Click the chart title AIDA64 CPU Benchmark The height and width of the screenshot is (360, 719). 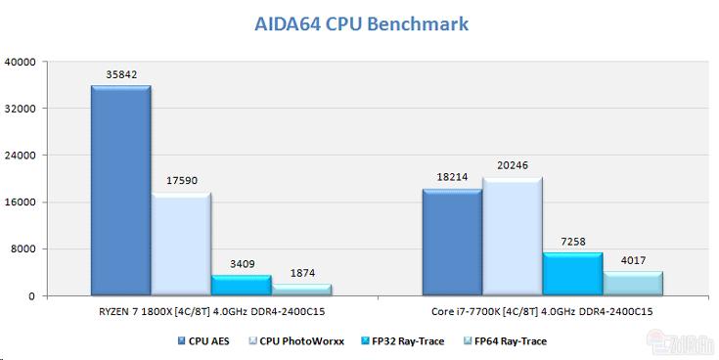coord(362,24)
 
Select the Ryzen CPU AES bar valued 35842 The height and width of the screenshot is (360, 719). coord(121,190)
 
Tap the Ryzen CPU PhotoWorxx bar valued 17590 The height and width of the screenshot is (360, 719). coord(181,244)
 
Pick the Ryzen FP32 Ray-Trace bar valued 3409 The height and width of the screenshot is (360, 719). coord(242,285)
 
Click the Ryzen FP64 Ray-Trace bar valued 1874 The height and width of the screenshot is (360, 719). coord(302,290)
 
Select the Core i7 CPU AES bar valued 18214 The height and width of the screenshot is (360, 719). coord(452,242)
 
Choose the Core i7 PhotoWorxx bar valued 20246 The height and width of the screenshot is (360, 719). coord(513,236)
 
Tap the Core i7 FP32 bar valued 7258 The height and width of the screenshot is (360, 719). coord(572,274)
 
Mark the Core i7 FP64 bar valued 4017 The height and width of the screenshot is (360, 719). coord(633,283)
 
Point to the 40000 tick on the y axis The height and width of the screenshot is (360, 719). coord(20,62)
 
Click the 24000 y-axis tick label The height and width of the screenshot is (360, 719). coord(20,156)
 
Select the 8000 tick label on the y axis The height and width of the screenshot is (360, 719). coord(22,249)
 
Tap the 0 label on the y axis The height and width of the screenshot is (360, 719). coord(31,296)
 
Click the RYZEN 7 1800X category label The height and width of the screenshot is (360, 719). coord(212,312)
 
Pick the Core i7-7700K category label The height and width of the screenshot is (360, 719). coord(542,312)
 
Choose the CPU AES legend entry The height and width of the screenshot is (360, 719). coord(203,341)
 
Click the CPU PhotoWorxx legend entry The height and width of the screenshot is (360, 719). coord(296,341)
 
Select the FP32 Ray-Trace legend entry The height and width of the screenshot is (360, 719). coord(403,341)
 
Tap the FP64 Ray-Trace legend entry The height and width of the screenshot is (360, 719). coord(506,341)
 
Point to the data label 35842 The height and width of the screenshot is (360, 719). coord(121,74)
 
